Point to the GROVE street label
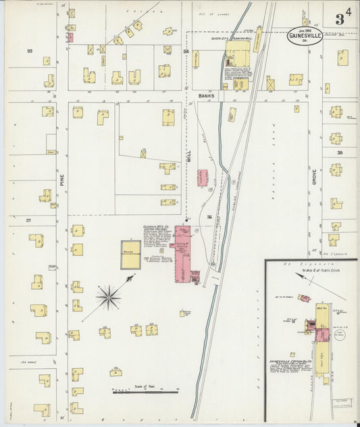coord(314,178)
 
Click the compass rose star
coord(108,295)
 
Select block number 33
coord(29,51)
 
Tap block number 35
coord(340,153)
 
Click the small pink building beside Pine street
coord(70,37)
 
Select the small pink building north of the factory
coord(202,178)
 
